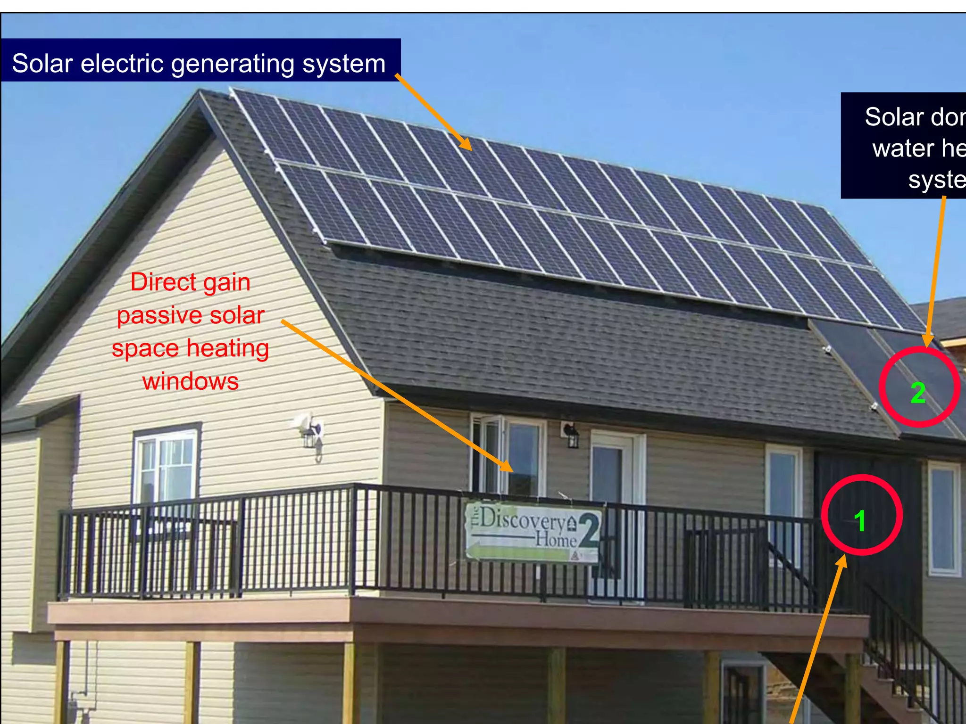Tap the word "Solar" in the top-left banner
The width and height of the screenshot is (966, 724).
pyautogui.click(x=42, y=63)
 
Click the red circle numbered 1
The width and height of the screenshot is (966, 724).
pyautogui.click(x=862, y=515)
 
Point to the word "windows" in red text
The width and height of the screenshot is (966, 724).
pyautogui.click(x=191, y=381)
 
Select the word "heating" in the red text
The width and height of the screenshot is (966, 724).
pyautogui.click(x=228, y=349)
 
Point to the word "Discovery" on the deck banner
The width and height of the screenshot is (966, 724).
pyautogui.click(x=522, y=519)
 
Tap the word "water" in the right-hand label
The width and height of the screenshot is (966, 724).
pyautogui.click(x=903, y=148)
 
